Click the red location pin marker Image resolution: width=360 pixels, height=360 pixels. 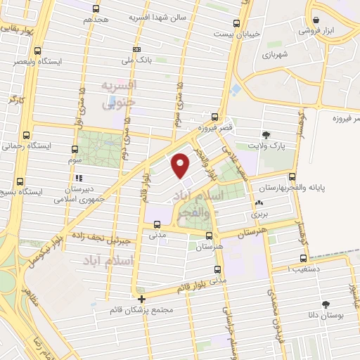click(181, 165)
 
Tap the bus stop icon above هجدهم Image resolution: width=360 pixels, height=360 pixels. click(96, 8)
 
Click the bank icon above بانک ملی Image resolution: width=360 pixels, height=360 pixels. click(136, 49)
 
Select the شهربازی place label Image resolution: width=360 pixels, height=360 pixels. click(276, 53)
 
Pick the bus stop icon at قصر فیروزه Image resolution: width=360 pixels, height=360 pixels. click(214, 118)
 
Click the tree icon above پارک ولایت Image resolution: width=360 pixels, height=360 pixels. click(266, 134)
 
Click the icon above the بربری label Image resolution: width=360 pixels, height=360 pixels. click(259, 204)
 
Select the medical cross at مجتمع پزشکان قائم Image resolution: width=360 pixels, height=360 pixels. click(141, 298)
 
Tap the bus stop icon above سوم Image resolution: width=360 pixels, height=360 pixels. click(75, 149)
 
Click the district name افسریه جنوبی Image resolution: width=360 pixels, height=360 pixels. click(120, 94)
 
